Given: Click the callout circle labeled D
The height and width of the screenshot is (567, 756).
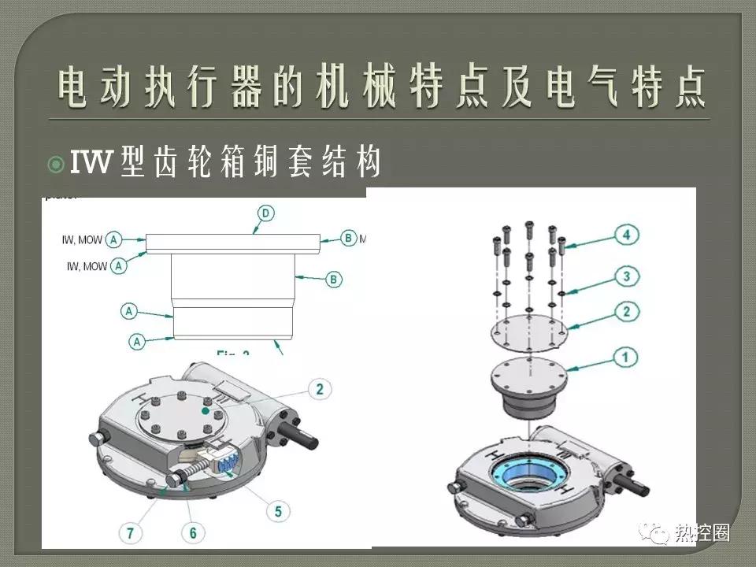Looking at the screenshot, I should tap(265, 213).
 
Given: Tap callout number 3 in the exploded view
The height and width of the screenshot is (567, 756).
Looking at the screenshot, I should tap(627, 276).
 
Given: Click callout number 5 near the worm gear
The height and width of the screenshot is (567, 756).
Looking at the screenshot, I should tap(277, 511).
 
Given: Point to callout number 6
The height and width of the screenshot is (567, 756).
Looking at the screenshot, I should tap(193, 533).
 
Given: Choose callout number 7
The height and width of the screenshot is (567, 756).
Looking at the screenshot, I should tap(130, 533).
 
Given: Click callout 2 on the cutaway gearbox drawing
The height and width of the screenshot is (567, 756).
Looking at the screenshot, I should tap(320, 387).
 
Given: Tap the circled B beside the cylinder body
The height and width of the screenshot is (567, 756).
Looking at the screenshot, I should tap(333, 279).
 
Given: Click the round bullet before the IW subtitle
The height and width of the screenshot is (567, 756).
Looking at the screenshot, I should tap(55, 165).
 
